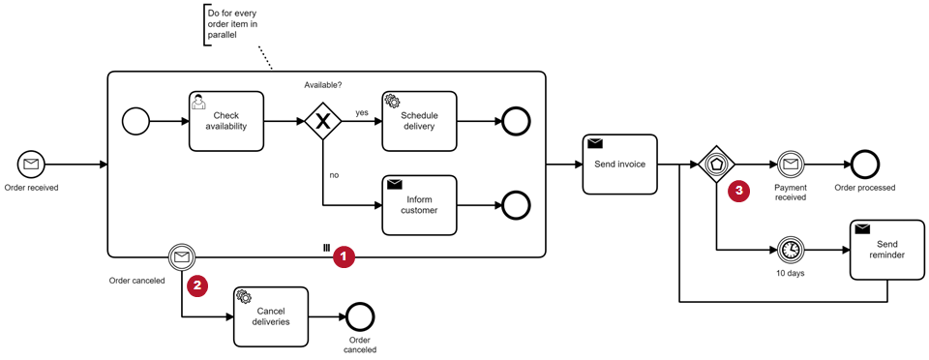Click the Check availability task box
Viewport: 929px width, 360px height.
[x=226, y=121]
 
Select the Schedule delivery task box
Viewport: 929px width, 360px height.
[x=419, y=121]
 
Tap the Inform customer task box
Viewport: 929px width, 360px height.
[x=419, y=205]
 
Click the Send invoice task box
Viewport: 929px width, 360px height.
[x=619, y=164]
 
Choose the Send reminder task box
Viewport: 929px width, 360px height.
[x=887, y=250]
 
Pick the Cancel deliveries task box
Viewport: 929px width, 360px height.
[x=271, y=316]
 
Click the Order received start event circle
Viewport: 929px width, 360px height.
[x=31, y=164]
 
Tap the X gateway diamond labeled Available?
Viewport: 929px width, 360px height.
[x=323, y=122]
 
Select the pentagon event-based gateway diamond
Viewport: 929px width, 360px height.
[x=716, y=164]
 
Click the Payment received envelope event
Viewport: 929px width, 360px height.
[x=790, y=164]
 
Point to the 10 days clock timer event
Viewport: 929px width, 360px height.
[x=790, y=250]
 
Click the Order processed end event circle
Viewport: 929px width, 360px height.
[x=865, y=164]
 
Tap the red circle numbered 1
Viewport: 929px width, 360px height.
[x=345, y=257]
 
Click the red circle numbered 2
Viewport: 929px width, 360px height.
[x=197, y=285]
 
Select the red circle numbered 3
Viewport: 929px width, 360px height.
[x=738, y=191]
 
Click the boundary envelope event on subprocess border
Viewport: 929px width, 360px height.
[x=182, y=257]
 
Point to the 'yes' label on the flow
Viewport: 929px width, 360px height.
[x=361, y=112]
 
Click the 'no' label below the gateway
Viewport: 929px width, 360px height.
[x=334, y=175]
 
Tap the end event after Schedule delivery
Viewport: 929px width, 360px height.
[x=516, y=121]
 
